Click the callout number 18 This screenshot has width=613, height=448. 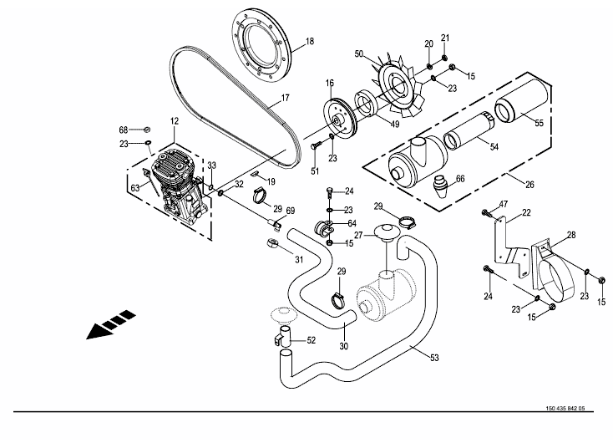[x=310, y=41]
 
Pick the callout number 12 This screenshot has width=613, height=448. [x=174, y=121]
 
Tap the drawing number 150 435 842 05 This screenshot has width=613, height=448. [x=565, y=409]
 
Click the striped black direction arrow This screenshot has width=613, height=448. [x=110, y=324]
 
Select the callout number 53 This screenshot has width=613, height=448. [x=434, y=358]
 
